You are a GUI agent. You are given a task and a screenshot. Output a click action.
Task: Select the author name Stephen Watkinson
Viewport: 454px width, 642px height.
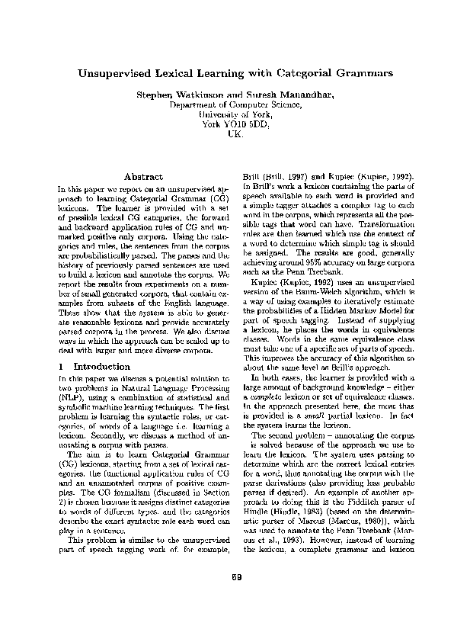pyautogui.click(x=172, y=98)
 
